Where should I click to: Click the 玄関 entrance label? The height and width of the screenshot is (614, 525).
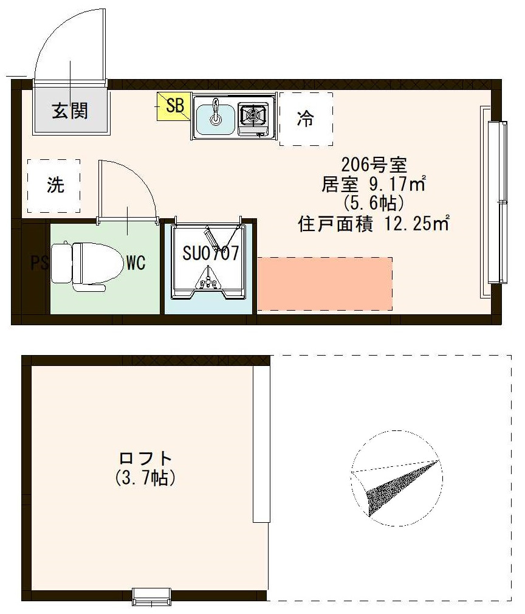pos(70,111)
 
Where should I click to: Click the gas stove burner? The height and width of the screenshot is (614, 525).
pos(253,114)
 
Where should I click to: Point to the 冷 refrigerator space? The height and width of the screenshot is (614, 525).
pos(306,119)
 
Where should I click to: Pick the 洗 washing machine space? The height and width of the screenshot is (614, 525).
pos(55,185)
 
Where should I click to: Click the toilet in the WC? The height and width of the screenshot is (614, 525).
pos(79,263)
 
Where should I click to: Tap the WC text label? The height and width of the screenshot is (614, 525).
pos(135,263)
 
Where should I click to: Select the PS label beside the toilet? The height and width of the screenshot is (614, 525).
pos(39,263)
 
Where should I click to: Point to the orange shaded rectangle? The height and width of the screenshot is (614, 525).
pos(324,284)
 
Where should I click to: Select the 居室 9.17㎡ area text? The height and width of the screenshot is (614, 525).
pos(374,183)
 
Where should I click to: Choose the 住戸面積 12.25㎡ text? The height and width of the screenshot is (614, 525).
pos(374,224)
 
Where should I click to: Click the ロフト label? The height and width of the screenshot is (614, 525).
pos(146,458)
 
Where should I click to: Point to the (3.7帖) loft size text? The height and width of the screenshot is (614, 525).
pos(146,478)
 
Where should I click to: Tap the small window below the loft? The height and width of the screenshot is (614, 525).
pos(151,596)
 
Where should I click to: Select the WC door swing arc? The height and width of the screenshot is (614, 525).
pos(146,182)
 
